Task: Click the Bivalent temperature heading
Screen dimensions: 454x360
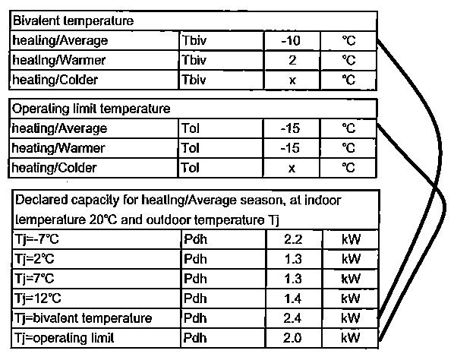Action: tap(73, 21)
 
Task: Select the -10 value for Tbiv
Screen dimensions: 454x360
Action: tap(291, 40)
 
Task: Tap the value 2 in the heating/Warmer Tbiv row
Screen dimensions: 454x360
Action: tap(292, 60)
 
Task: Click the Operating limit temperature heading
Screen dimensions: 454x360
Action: tap(91, 109)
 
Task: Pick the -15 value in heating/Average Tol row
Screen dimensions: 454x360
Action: tap(291, 128)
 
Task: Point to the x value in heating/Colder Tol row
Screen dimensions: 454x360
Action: tap(292, 169)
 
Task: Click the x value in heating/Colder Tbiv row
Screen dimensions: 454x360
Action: tap(292, 81)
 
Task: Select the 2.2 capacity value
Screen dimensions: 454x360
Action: tap(293, 239)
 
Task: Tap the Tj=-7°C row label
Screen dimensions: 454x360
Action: tap(36, 239)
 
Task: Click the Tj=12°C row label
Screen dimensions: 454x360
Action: tap(38, 298)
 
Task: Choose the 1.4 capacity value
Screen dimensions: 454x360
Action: tap(293, 298)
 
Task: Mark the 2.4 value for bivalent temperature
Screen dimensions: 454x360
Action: tap(293, 318)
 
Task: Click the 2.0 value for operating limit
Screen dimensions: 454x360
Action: tap(293, 338)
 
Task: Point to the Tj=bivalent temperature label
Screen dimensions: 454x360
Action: tap(83, 318)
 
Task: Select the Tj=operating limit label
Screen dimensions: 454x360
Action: tap(64, 338)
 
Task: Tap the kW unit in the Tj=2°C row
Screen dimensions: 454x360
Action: tap(351, 259)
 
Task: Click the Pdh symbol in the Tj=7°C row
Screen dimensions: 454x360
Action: tap(195, 279)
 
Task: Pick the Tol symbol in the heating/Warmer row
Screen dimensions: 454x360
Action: tap(191, 148)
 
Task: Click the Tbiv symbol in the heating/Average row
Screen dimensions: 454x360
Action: tap(194, 40)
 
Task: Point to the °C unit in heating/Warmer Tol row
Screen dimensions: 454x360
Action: tap(348, 148)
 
